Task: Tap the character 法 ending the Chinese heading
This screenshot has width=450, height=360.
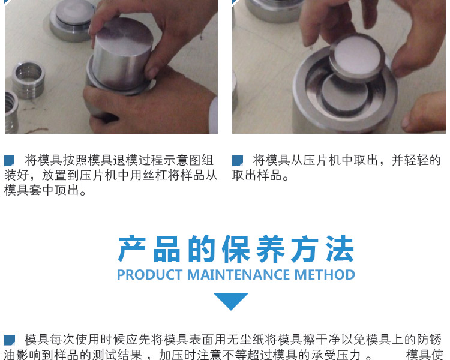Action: coord(340,249)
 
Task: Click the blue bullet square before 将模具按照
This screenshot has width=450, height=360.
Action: coord(9,161)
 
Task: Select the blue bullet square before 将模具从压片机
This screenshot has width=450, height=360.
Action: coord(238,161)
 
